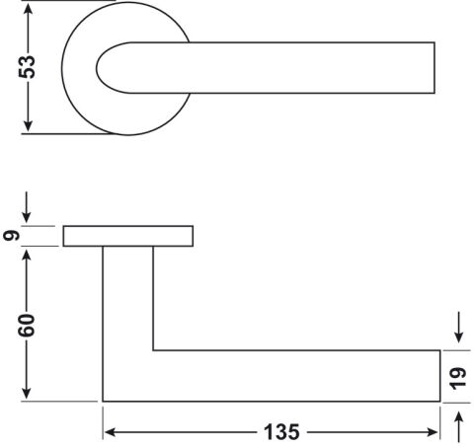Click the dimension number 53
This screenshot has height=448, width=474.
tap(27, 67)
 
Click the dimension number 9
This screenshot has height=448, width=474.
tap(11, 236)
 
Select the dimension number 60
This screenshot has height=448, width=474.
tap(27, 326)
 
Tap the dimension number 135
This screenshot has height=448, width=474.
tap(281, 432)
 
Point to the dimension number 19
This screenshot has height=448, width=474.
tap(458, 378)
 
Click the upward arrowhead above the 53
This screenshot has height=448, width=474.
tap(29, 9)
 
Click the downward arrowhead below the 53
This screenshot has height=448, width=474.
tap(29, 125)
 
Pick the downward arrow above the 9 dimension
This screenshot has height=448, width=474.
tap(27, 207)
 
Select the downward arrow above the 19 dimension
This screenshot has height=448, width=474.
tap(458, 328)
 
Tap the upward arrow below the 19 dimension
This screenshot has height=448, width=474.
tap(458, 427)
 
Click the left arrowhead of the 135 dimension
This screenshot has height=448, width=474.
tap(110, 432)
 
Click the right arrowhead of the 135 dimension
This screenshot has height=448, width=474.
tap(432, 432)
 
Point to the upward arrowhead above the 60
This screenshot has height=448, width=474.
tap(27, 256)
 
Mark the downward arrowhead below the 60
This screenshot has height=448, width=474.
tap(27, 394)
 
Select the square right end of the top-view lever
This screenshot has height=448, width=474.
tap(434, 68)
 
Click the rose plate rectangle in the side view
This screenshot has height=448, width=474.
tap(128, 236)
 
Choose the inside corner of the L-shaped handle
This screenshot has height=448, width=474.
tap(153, 350)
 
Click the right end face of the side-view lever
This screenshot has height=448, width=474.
tap(440, 376)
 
